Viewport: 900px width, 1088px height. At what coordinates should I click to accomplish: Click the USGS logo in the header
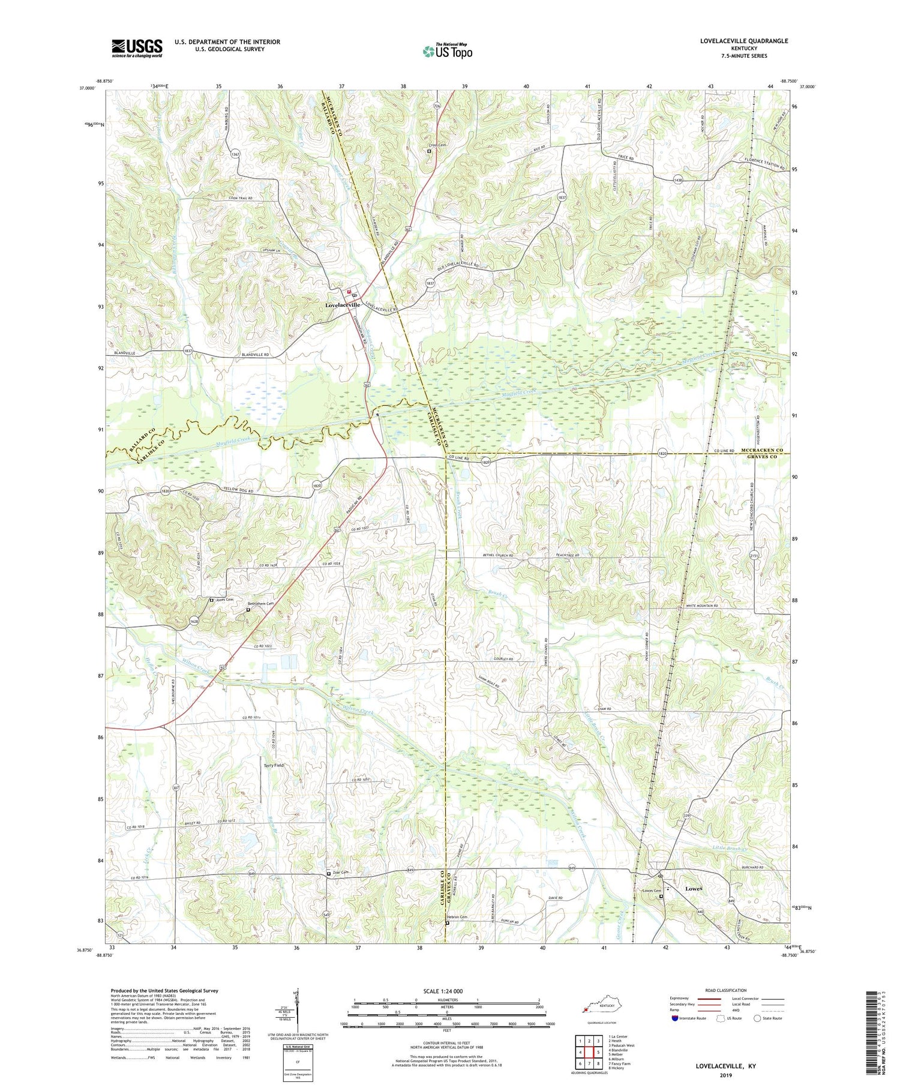137,48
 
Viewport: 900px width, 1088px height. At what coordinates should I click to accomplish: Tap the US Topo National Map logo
447,51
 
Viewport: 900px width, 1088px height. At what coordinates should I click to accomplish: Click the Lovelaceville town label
343,305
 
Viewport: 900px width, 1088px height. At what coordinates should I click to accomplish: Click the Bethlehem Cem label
262,604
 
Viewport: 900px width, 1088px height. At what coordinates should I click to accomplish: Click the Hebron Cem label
459,916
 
